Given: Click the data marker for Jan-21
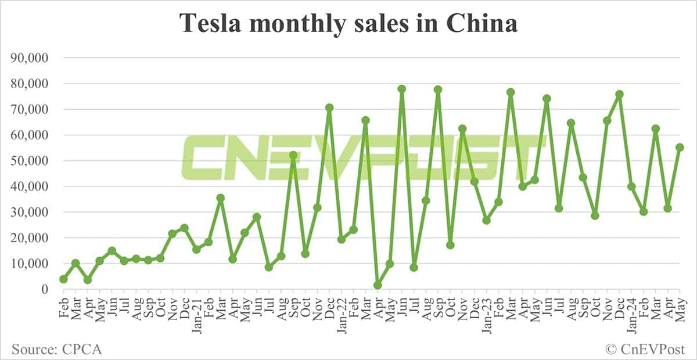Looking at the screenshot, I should coord(196,249).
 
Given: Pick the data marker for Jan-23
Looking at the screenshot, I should coord(487,220).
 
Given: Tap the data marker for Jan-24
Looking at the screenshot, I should coord(631,186).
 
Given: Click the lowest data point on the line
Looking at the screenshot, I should coord(378,285).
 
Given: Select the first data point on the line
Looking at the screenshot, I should coord(63,279).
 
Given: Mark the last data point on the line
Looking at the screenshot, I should coord(680,147).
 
